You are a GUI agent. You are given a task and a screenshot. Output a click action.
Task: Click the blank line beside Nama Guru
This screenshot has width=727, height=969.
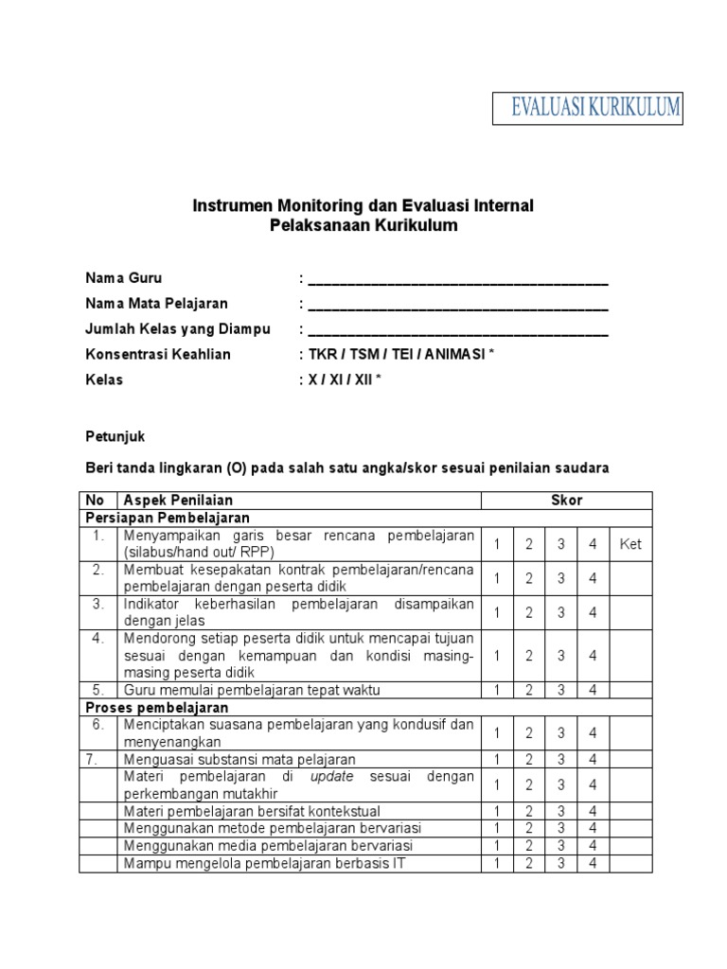pyautogui.click(x=458, y=280)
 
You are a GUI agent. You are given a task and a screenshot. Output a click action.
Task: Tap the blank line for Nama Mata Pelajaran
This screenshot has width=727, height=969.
pyautogui.click(x=458, y=306)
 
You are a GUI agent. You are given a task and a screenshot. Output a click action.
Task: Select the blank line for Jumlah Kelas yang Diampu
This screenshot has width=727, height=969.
pyautogui.click(x=458, y=331)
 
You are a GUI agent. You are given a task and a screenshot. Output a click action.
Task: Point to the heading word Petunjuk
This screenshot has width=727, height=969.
pyautogui.click(x=115, y=436)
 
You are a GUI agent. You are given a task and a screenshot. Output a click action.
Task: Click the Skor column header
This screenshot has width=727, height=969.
pyautogui.click(x=567, y=500)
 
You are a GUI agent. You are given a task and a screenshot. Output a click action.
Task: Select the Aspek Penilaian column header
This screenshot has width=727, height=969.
pyautogui.click(x=178, y=500)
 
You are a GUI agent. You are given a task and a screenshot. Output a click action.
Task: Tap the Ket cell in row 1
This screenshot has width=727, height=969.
pyautogui.click(x=630, y=544)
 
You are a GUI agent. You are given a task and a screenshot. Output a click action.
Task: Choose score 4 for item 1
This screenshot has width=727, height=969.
pyautogui.click(x=593, y=544)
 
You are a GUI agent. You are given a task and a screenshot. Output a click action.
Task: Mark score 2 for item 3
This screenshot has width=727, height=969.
pyautogui.click(x=529, y=612)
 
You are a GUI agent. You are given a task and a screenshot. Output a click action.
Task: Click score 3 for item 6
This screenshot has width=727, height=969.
pyautogui.click(x=561, y=732)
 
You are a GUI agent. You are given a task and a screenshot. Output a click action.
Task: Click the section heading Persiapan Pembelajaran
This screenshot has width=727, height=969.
pyautogui.click(x=168, y=518)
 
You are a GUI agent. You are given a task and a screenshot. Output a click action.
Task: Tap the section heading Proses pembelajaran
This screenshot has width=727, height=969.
pyautogui.click(x=156, y=707)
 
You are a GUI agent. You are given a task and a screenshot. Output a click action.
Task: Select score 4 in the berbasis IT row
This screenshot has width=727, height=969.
pyautogui.click(x=593, y=863)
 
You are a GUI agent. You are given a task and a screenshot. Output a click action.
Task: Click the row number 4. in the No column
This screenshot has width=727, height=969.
pyautogui.click(x=98, y=638)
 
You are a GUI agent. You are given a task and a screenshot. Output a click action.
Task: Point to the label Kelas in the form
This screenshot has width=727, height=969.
pyautogui.click(x=104, y=380)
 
